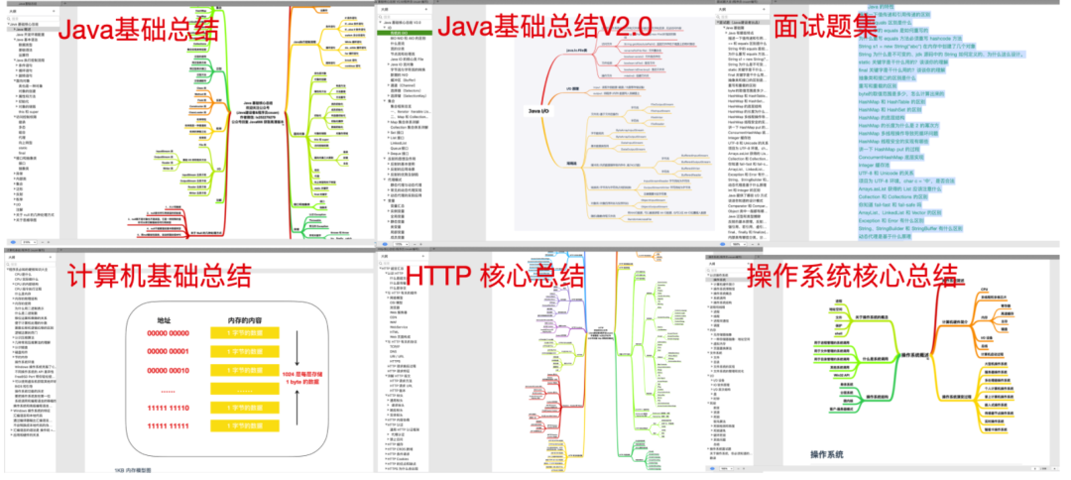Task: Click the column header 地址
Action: [165, 320]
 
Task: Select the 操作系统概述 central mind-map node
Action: [910, 354]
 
